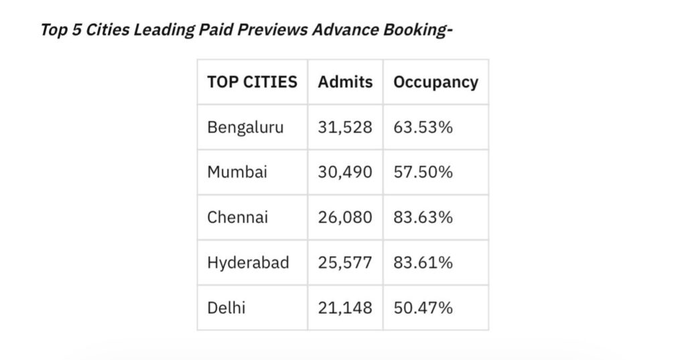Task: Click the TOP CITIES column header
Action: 252,82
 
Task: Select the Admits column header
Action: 345,82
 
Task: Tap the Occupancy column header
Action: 435,82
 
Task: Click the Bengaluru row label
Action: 245,127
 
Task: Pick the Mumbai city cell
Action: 237,172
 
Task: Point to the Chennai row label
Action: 238,217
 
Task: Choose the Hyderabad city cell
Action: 248,262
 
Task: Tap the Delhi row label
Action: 226,308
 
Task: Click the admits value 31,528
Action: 345,127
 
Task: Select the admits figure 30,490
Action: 345,172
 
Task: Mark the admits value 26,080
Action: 345,217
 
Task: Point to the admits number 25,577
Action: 345,262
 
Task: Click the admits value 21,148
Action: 345,308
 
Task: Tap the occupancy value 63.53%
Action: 423,127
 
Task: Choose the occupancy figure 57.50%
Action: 423,172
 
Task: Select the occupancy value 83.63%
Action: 423,217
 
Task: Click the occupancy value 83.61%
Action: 423,262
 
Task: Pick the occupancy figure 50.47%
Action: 423,308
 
